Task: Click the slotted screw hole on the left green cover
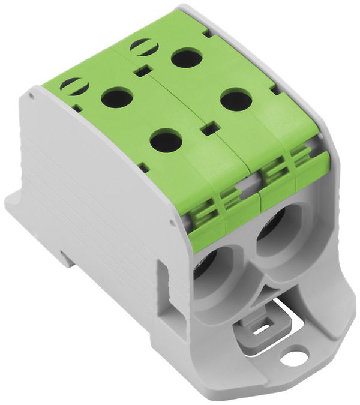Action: [x=74, y=86]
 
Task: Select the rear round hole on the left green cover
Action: [x=116, y=97]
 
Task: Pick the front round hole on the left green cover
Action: [x=166, y=141]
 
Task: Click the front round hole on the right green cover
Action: [x=235, y=99]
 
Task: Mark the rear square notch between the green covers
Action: [x=142, y=72]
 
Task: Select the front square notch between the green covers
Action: [x=208, y=129]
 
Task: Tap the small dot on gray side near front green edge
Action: [x=175, y=221]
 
